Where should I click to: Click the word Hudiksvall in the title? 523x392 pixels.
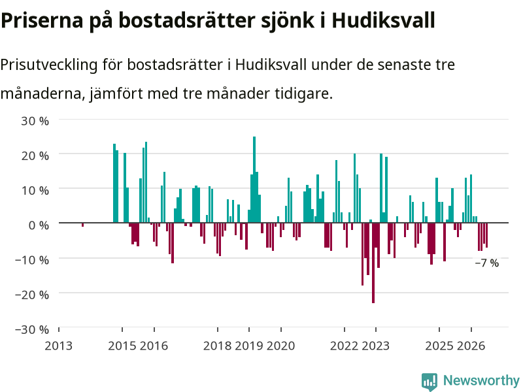click(x=383, y=20)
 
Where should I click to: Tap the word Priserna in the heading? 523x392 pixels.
click(x=42, y=20)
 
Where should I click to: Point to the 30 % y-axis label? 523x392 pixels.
click(x=35, y=121)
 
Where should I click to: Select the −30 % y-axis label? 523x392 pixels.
click(x=32, y=330)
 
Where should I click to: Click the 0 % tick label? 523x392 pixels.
click(x=39, y=225)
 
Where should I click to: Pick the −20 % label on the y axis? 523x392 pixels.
click(x=32, y=295)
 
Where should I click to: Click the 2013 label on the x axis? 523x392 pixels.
click(x=58, y=346)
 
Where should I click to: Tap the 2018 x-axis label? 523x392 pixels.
click(x=217, y=346)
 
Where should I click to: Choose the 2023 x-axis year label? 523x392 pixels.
click(x=375, y=346)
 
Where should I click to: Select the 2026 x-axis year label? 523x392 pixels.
click(x=471, y=346)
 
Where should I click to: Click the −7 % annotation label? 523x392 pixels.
click(x=486, y=263)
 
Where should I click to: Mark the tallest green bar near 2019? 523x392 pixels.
click(x=254, y=180)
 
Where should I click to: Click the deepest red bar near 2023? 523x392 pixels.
click(x=373, y=263)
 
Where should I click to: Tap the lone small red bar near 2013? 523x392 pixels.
click(x=83, y=225)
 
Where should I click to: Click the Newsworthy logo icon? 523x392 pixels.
click(x=430, y=382)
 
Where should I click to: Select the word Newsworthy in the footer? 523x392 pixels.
click(x=481, y=380)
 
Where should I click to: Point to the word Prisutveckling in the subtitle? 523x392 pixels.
click(x=49, y=65)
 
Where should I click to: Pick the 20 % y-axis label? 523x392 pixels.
click(x=35, y=155)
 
